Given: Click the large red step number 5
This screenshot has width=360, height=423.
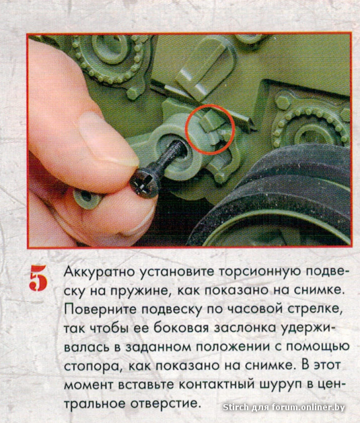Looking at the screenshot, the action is pyautogui.click(x=38, y=278).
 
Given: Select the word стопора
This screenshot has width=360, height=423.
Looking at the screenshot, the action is pyautogui.click(x=94, y=366).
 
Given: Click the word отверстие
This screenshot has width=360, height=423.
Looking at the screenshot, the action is pyautogui.click(x=166, y=403).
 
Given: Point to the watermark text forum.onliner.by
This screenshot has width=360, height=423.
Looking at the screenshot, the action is pyautogui.click(x=308, y=407).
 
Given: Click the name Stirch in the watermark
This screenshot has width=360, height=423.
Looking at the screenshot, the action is pyautogui.click(x=236, y=407).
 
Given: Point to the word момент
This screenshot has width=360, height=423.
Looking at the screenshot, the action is pyautogui.click(x=89, y=385).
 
